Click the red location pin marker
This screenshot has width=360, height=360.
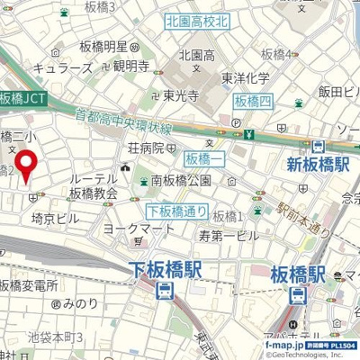(26, 163)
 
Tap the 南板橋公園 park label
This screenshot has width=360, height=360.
(180, 181)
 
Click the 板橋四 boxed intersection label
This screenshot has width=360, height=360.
(251, 100)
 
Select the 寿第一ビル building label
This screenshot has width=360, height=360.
(228, 234)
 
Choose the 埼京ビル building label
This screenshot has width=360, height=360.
(56, 218)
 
